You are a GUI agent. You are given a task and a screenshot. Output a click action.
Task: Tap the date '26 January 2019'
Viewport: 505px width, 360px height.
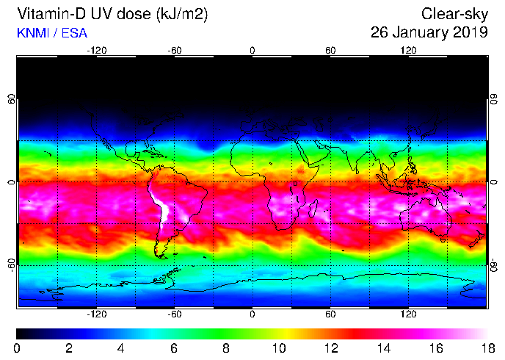tap(429, 32)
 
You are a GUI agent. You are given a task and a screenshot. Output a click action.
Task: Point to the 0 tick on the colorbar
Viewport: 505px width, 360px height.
tap(17, 348)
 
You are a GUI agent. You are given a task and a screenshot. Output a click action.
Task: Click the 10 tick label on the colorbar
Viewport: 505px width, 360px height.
tap(277, 348)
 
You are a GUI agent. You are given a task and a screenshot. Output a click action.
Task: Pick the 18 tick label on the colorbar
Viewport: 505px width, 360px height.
tap(487, 348)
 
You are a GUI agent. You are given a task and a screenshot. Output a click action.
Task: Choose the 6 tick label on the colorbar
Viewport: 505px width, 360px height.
tap(173, 348)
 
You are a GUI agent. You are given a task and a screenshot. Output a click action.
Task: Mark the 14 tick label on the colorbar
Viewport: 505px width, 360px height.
tap(382, 348)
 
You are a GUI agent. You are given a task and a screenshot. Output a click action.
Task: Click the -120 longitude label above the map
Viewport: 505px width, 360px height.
tap(97, 50)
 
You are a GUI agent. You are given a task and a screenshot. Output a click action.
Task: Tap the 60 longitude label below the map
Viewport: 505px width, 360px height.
tap(330, 312)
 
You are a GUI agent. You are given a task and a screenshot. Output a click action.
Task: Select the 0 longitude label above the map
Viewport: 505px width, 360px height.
tap(252, 50)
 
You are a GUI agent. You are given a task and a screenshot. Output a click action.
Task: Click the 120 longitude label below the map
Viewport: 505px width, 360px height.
tap(408, 312)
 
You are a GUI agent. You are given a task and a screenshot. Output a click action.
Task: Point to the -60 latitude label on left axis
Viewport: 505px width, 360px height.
tap(10, 264)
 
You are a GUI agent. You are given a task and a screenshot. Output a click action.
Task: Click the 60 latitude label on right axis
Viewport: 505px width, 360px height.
tap(494, 98)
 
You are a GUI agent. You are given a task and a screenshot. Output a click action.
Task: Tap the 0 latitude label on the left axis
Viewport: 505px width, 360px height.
tap(10, 181)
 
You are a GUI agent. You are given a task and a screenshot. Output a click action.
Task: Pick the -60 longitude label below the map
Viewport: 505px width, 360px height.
tap(175, 312)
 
